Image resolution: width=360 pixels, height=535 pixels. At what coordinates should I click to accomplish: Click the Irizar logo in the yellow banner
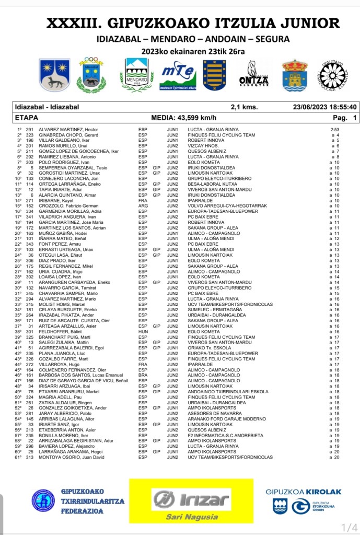click(191, 499)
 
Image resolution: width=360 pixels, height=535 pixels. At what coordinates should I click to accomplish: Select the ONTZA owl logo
click(254, 74)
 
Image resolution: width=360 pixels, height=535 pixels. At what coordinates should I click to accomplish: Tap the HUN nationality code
click(143, 332)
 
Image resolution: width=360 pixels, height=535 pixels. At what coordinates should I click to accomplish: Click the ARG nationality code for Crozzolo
click(143, 206)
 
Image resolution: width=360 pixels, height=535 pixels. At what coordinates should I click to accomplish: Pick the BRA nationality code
click(143, 375)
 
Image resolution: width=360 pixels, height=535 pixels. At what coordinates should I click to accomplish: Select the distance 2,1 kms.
click(244, 107)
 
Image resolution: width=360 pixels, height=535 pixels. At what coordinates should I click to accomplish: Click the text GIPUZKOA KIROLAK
click(304, 492)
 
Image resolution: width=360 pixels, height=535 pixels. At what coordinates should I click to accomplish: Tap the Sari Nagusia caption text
click(191, 516)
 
